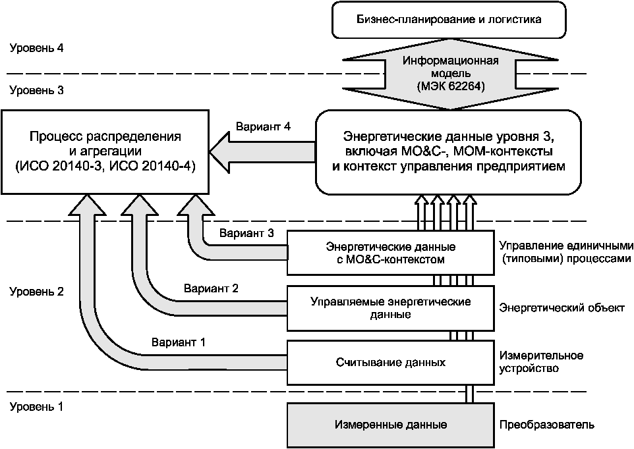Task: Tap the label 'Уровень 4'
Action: pos(37,49)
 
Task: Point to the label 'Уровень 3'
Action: pos(37,90)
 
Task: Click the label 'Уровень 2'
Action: pos(37,292)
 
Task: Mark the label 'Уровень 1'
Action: pos(37,406)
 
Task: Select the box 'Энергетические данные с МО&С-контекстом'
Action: pos(391,253)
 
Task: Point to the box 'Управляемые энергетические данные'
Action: pos(391,307)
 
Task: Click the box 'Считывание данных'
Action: pos(391,362)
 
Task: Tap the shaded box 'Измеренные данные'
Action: pos(391,424)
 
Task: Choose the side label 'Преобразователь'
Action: pos(546,425)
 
